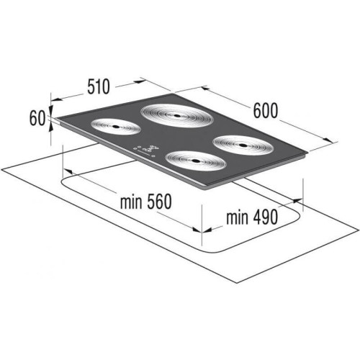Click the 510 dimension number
[99, 86]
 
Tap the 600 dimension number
[266, 110]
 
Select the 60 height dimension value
[37, 118]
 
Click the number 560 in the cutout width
[159, 202]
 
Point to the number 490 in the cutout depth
[265, 217]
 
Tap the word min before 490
[238, 217]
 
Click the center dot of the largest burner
[177, 116]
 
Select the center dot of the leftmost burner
[115, 127]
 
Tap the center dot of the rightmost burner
[242, 145]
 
